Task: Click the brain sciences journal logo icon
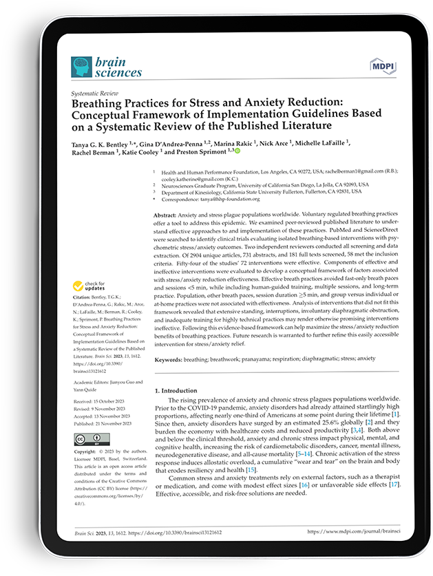coord(81,66)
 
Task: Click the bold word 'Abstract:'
coord(167,215)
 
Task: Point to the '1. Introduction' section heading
coord(178,390)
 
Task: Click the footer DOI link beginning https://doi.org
coord(171,531)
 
